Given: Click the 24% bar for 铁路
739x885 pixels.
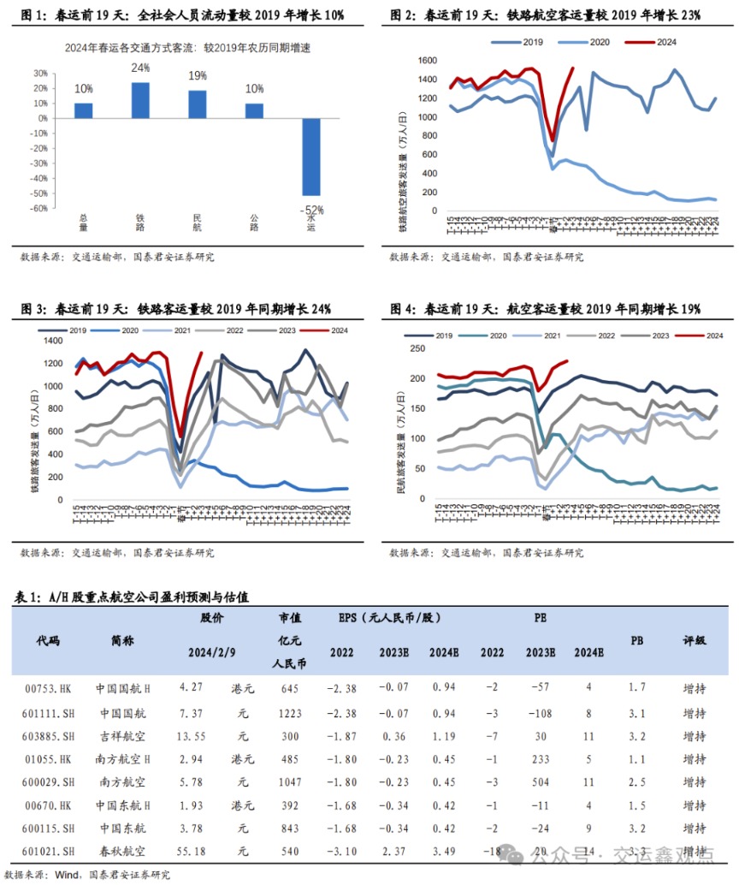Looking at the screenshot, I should tap(140, 100).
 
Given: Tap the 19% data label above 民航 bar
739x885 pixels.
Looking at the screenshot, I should tap(197, 75).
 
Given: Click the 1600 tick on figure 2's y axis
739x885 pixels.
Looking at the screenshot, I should tap(425, 61).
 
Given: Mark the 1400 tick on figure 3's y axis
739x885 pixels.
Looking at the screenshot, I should tap(53, 342).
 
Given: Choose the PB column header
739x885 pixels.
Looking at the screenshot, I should tap(637, 639).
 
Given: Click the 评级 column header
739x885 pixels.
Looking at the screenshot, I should tap(694, 639).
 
